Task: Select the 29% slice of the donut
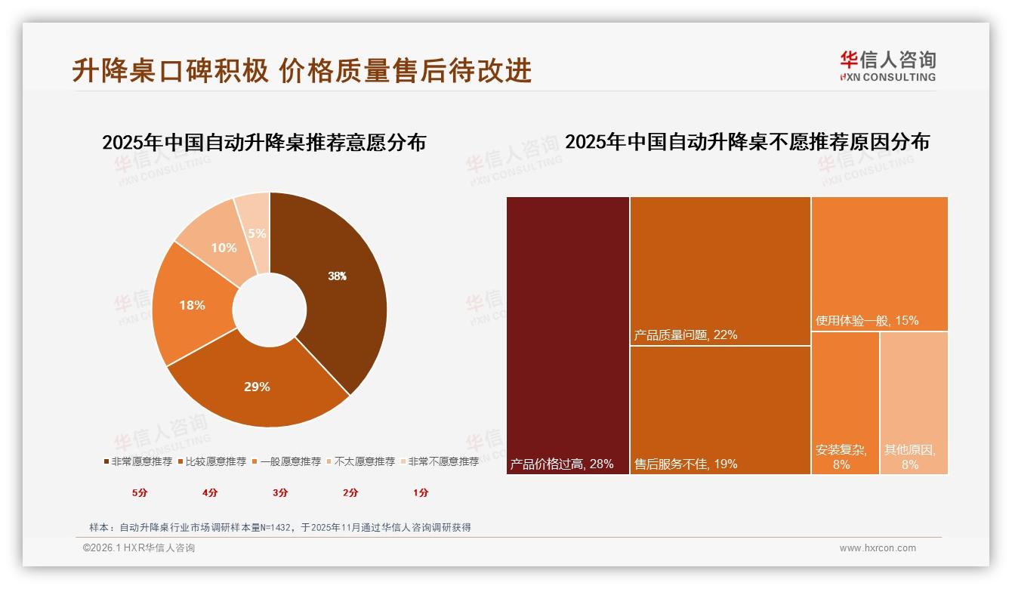[x=257, y=387]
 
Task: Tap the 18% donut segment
[x=192, y=305]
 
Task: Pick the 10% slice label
[x=224, y=248]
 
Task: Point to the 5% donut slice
[x=257, y=233]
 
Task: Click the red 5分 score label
[x=140, y=492]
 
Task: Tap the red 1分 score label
[x=421, y=492]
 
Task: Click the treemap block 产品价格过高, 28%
[x=568, y=336]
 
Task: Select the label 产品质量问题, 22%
[x=686, y=335]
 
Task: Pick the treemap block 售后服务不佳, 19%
[x=720, y=410]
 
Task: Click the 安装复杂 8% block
[x=845, y=402]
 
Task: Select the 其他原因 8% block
[x=914, y=402]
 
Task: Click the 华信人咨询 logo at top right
[x=887, y=66]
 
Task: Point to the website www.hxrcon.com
[x=878, y=548]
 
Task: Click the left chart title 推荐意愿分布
[x=264, y=142]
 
